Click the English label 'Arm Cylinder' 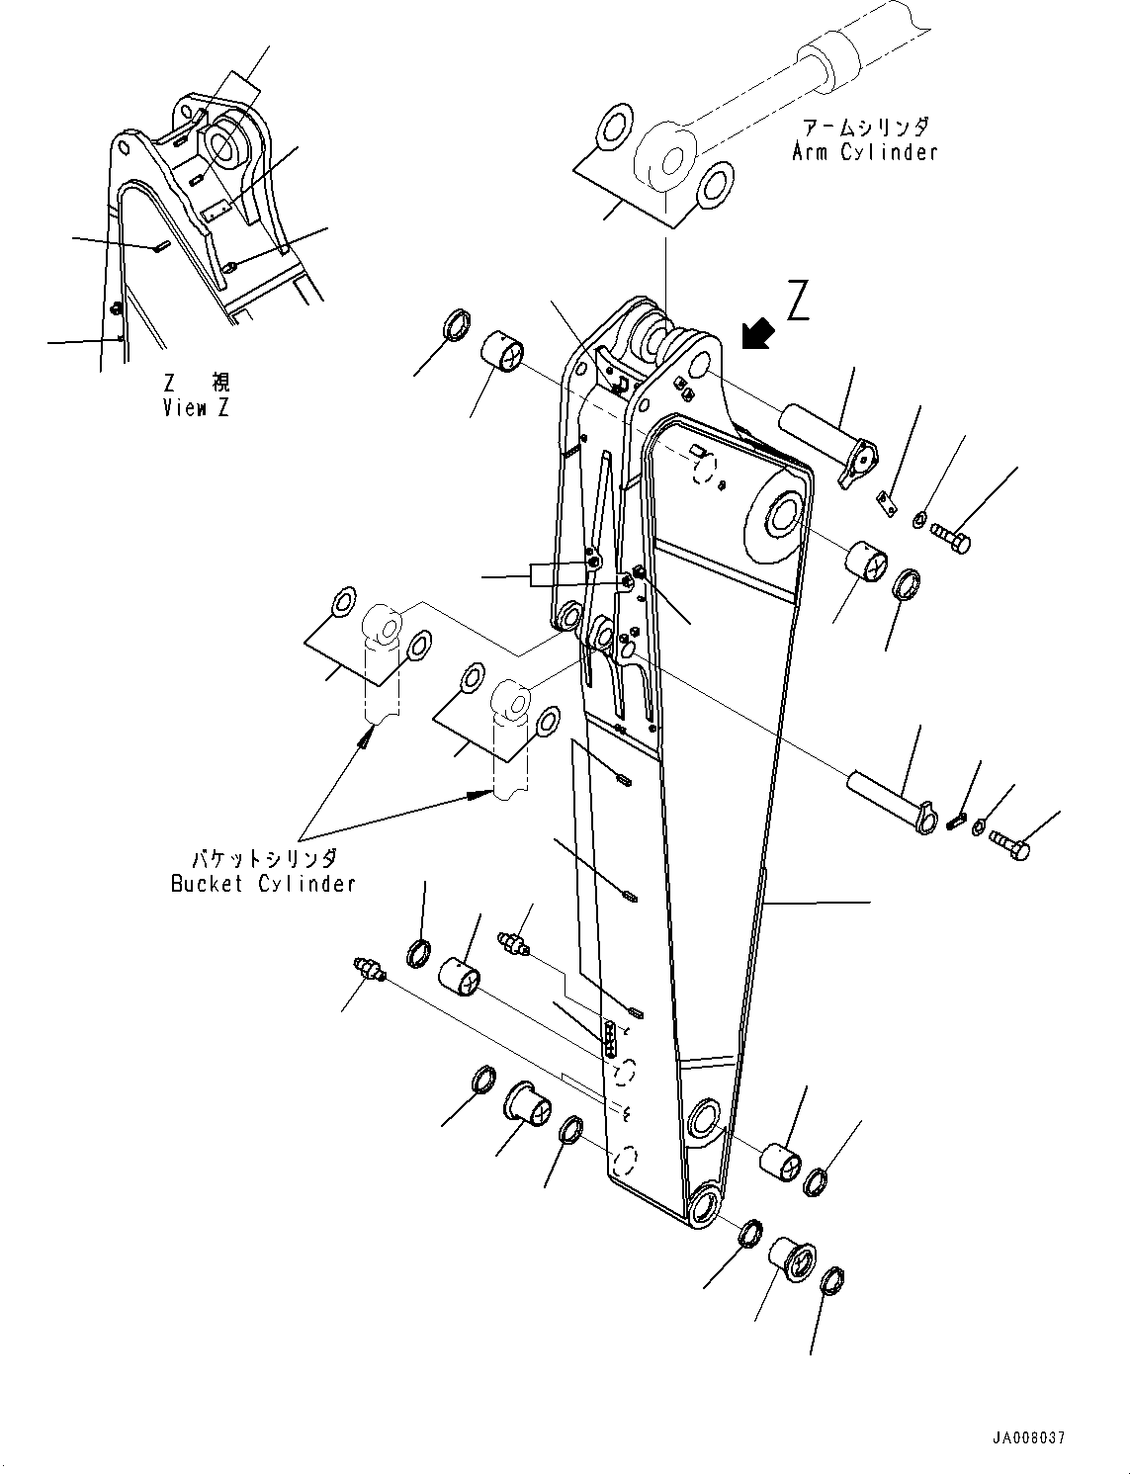(864, 152)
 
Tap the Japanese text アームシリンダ (864, 128)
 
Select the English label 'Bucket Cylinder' (263, 884)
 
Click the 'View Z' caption (196, 407)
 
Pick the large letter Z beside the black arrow (798, 302)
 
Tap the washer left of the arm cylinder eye (614, 126)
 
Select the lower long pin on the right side (891, 801)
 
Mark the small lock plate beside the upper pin (887, 504)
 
